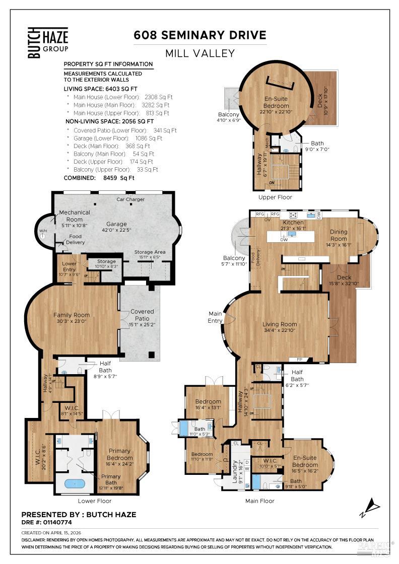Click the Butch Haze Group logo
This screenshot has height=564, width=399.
point(47,43)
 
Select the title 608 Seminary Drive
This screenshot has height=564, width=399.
point(199,35)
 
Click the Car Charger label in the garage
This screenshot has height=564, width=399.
point(130,199)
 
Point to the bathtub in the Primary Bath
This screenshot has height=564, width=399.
point(75,484)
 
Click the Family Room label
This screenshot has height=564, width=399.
point(72,315)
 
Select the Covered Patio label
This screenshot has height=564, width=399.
point(142,315)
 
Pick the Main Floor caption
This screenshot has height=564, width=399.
point(260,501)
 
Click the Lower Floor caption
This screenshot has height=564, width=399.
point(95,501)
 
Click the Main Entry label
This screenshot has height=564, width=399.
point(215,317)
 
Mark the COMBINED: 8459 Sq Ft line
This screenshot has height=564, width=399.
point(99,178)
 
